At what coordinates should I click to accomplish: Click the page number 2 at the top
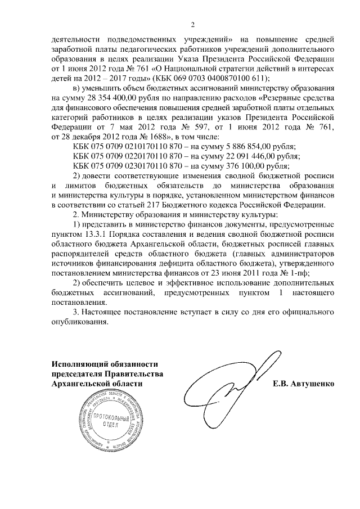click(x=192, y=24)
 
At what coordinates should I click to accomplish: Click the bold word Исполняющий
click(x=81, y=363)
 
